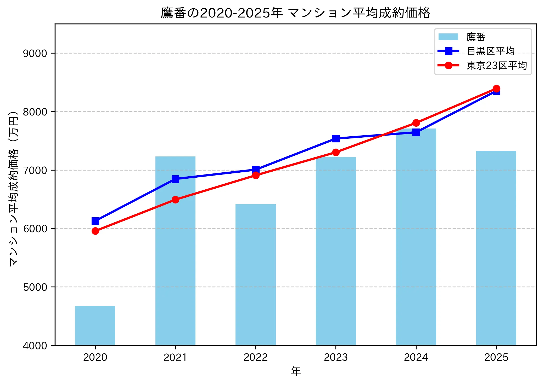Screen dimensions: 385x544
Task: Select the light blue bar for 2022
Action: [x=255, y=275]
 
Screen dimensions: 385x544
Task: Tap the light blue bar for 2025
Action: [x=496, y=248]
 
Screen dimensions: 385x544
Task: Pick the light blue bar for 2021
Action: [x=175, y=251]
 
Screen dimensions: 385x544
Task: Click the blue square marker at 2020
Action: [x=95, y=221]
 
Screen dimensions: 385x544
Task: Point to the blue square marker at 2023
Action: [x=336, y=138]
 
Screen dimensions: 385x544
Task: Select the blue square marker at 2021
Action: [x=175, y=179]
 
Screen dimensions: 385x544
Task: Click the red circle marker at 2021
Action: [x=175, y=200]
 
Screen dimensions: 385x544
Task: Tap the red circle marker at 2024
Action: [x=416, y=123]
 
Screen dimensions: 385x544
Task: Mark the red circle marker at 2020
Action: [x=95, y=231]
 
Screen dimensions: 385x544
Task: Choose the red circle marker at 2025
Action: [x=496, y=89]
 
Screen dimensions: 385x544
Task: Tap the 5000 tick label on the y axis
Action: [x=35, y=287]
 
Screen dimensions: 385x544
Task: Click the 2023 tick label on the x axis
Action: [x=336, y=357]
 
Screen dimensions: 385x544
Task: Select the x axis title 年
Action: [x=296, y=371]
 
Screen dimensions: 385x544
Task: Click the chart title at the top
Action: [x=295, y=13]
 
